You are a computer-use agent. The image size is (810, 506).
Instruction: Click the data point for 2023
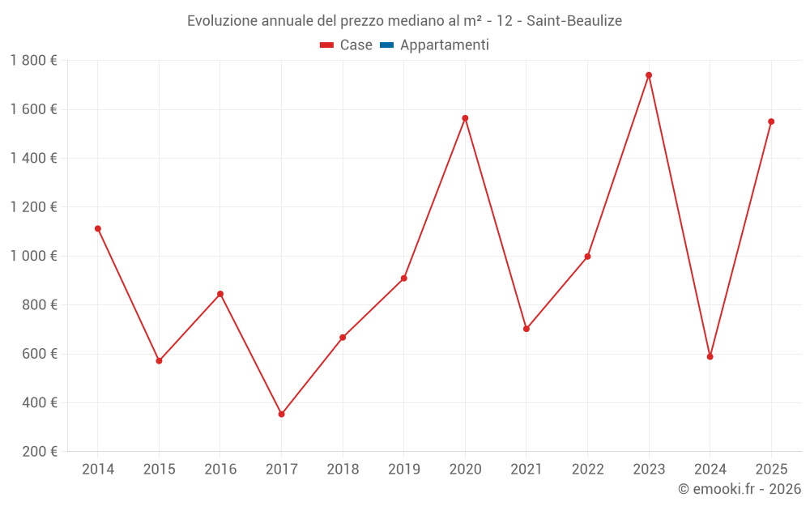[x=649, y=75]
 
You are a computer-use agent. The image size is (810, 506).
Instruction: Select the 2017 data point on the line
[x=281, y=414]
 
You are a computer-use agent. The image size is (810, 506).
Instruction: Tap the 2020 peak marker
[x=465, y=118]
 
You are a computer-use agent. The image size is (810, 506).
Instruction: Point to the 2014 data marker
[x=98, y=228]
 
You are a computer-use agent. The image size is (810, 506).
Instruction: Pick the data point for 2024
[x=710, y=356]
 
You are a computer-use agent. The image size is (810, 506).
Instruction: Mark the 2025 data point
[x=771, y=121]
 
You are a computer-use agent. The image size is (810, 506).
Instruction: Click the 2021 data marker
[x=526, y=329]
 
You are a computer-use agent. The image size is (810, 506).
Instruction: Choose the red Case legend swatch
[x=327, y=45]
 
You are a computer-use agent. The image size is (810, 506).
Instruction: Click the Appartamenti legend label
[x=445, y=45]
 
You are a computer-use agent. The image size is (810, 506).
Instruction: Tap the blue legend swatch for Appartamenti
[x=386, y=45]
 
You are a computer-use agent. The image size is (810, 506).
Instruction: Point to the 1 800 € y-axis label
[x=34, y=61]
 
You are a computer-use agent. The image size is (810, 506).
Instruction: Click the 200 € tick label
[x=40, y=452]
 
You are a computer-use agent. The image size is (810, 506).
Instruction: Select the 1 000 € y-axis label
[x=34, y=256]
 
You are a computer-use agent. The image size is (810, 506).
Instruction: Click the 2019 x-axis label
[x=403, y=470]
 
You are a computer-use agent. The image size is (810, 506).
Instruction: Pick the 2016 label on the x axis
[x=220, y=470]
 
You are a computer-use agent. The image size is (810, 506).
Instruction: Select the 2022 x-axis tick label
[x=587, y=470]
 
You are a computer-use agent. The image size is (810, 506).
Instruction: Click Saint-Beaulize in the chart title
[x=574, y=21]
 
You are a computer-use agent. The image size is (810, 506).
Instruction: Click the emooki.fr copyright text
[x=740, y=489]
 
